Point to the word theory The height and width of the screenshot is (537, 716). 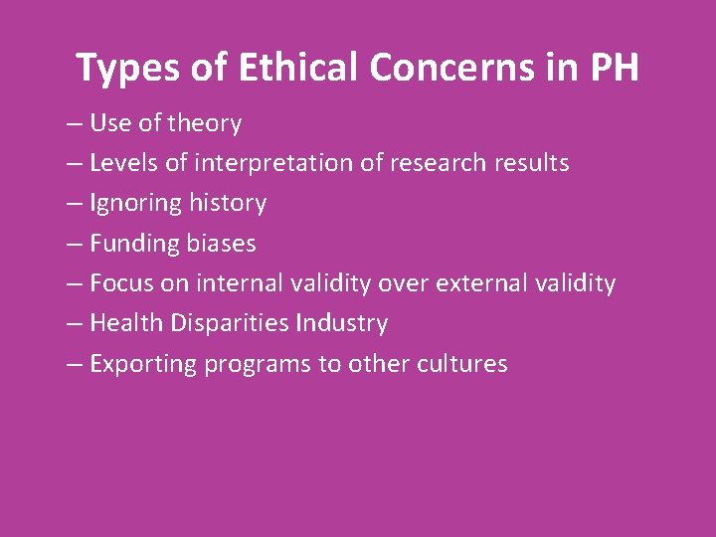tap(205, 123)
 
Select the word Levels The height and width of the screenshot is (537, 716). tap(126, 163)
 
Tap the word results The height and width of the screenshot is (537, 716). tap(531, 163)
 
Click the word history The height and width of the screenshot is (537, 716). tap(228, 203)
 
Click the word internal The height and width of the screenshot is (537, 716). tap(239, 283)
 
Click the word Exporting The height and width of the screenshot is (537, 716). tap(142, 364)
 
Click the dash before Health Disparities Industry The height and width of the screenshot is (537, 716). tap(75, 324)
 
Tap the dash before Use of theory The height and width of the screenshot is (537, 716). tap(75, 124)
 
